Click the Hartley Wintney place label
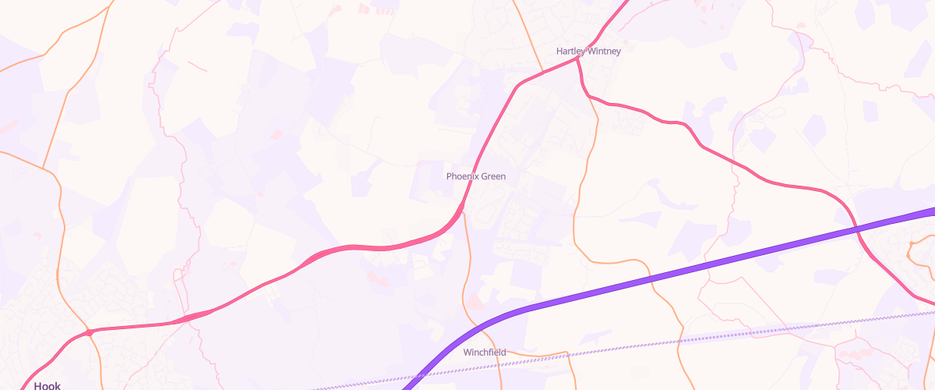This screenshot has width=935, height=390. pyautogui.click(x=589, y=51)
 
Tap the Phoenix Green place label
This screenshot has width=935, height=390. pyautogui.click(x=476, y=176)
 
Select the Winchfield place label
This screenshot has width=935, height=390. pyautogui.click(x=485, y=353)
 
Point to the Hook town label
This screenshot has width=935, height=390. pyautogui.click(x=48, y=385)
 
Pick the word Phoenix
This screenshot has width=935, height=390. pyautogui.click(x=461, y=176)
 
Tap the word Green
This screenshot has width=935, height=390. pyautogui.click(x=493, y=176)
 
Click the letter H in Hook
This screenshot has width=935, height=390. pyautogui.click(x=37, y=385)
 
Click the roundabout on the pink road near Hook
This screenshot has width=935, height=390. pyautogui.click(x=90, y=332)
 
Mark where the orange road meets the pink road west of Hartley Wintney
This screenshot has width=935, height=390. pyautogui.click(x=543, y=72)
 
